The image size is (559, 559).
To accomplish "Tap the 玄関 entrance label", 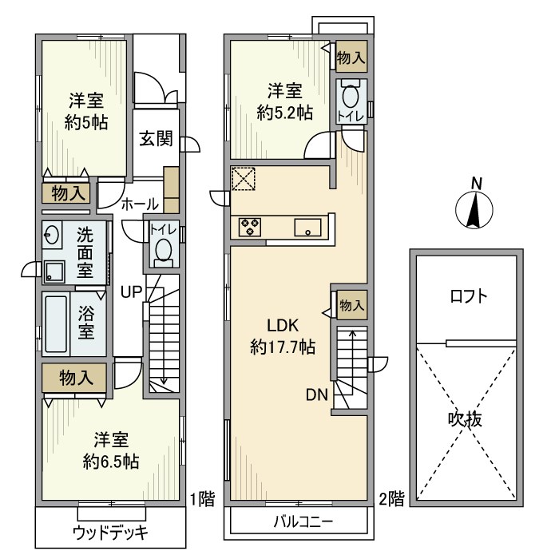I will (157, 138).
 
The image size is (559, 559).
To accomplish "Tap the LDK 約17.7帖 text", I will (282, 336).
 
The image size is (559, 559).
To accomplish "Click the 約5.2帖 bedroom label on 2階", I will (284, 101).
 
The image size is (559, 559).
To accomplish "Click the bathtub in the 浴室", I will (56, 324).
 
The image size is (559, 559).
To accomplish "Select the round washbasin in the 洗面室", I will (53, 236).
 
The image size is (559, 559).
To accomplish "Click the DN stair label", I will (315, 394).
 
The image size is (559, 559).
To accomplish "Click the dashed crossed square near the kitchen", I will (243, 179).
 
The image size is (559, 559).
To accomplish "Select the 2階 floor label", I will (391, 500).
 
